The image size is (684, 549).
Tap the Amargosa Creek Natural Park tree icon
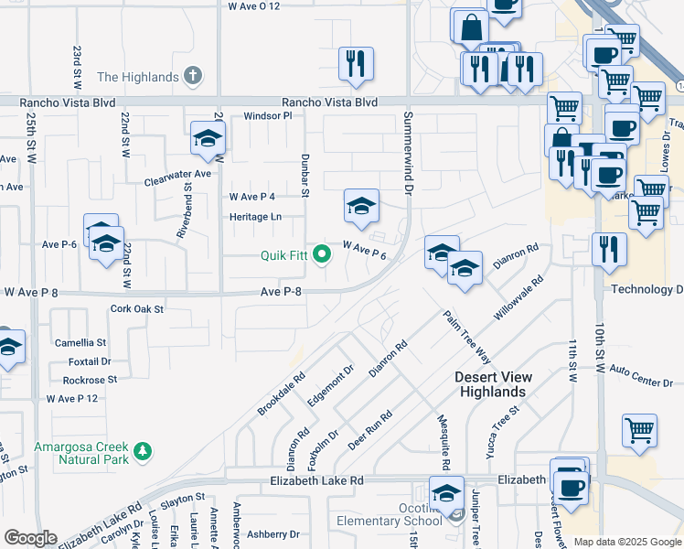click(x=142, y=451)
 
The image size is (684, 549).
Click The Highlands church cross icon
click(x=192, y=77)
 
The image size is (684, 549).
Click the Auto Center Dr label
click(x=640, y=376)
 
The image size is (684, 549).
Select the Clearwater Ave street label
click(x=177, y=178)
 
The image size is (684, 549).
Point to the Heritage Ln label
click(x=255, y=217)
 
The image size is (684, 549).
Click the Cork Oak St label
click(x=136, y=309)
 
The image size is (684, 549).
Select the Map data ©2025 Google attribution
click(x=627, y=542)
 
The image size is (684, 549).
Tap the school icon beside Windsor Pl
click(x=208, y=139)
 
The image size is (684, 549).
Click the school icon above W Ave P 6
click(x=361, y=206)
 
